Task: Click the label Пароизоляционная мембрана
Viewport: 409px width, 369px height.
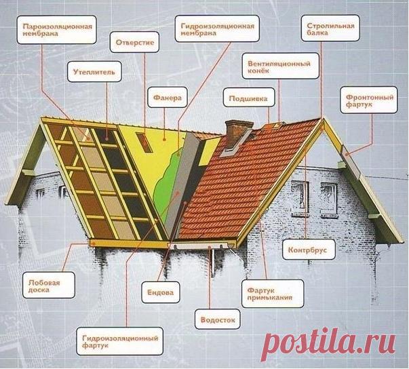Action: tap(56, 30)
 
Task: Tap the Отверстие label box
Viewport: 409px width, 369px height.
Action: tap(134, 42)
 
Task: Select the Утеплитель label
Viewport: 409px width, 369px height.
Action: tap(94, 72)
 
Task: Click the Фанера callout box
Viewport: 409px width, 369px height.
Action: tap(168, 98)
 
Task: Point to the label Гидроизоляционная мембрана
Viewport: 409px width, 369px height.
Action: tap(217, 28)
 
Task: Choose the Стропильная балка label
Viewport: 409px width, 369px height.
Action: tap(330, 28)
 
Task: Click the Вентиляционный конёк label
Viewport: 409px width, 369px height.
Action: tap(280, 66)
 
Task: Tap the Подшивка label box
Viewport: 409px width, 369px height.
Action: tap(249, 98)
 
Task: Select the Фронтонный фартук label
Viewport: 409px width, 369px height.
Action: tap(368, 100)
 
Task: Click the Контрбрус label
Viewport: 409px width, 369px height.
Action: tap(309, 250)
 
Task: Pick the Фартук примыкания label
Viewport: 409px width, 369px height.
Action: tap(272, 294)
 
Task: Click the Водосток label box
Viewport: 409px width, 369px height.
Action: tap(218, 319)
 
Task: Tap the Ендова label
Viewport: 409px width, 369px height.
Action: tap(161, 292)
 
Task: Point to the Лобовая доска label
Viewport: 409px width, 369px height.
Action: tap(49, 286)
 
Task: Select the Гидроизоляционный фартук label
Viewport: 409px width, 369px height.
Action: tap(120, 341)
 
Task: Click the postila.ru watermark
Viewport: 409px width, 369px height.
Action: tap(328, 343)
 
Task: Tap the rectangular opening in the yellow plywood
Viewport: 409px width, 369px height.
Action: tap(144, 142)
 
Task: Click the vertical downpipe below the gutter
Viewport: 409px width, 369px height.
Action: tap(213, 262)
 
